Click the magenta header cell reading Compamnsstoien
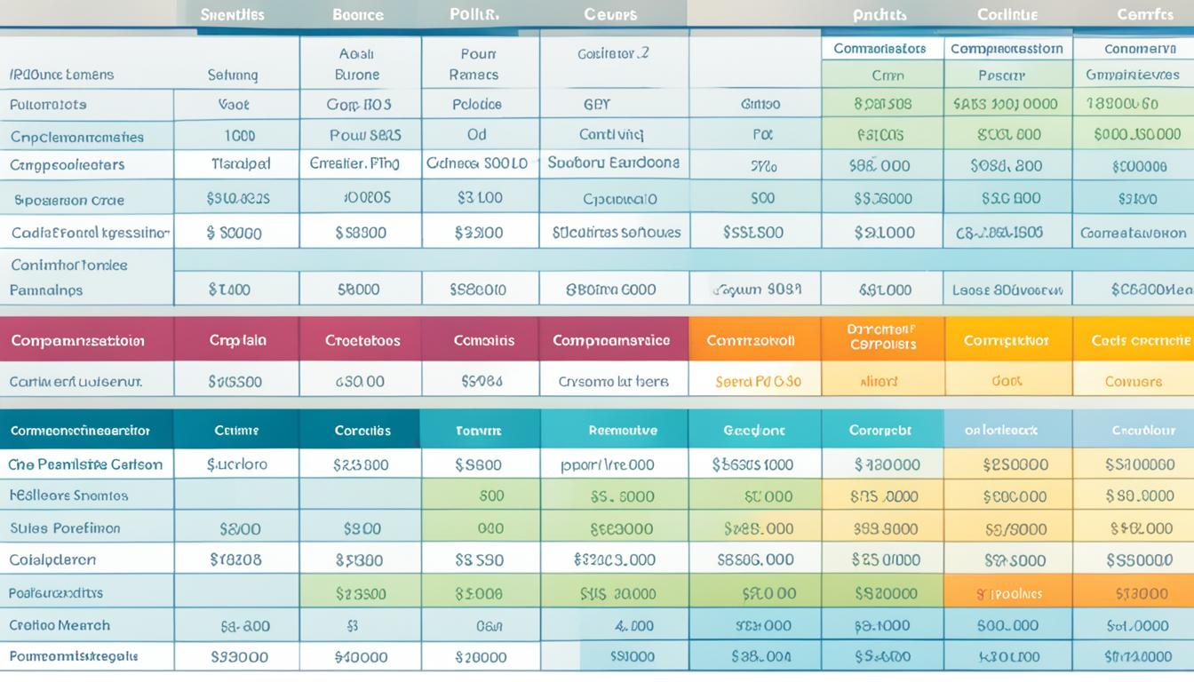78,340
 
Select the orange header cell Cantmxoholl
751,340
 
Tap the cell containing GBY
597,104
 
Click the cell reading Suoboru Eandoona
613,163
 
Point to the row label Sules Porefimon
65,528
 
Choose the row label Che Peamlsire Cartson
85,464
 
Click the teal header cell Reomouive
623,431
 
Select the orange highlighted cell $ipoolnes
1008,593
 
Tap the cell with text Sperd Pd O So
758,381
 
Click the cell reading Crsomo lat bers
613,381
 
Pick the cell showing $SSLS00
752,233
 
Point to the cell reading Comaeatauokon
1133,233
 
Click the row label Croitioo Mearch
60,625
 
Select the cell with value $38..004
761,657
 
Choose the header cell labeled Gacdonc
753,431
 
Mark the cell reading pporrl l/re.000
608,464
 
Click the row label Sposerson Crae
69,200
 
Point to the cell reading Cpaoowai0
620,199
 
